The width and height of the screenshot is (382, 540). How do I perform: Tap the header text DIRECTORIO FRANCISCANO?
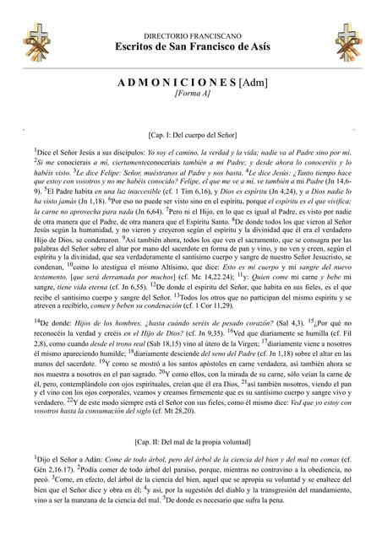[x=191, y=14]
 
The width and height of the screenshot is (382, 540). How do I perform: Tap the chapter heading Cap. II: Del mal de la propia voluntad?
[x=191, y=441]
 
